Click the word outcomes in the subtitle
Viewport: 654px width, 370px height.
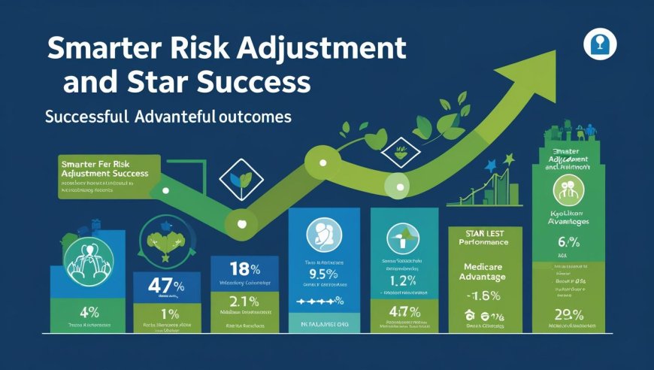click(x=257, y=118)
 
